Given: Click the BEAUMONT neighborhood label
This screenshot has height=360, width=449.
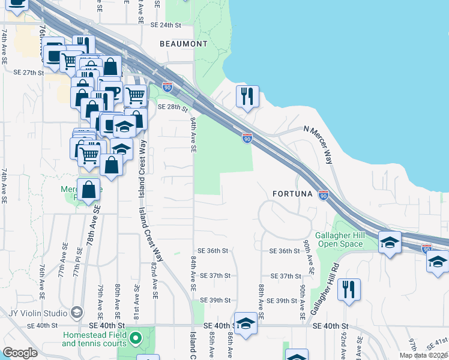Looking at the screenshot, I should (184, 44).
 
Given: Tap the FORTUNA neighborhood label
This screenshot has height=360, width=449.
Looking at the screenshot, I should (292, 194).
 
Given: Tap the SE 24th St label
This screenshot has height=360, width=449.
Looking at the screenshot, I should (166, 25).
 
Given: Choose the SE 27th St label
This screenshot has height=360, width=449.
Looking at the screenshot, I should (29, 73).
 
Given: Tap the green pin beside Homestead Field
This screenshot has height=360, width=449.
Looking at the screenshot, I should (136, 338).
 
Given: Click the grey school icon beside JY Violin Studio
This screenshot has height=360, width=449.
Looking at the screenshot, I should (76, 313).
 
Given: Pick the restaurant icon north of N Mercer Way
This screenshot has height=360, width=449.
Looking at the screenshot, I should (247, 96).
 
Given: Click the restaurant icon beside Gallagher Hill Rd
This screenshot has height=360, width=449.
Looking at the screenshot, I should (348, 290).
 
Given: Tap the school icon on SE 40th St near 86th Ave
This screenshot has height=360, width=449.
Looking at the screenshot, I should (245, 324).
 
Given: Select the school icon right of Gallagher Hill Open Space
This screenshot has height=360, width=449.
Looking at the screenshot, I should (390, 242).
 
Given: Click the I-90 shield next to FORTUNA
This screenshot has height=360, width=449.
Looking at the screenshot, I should (324, 196).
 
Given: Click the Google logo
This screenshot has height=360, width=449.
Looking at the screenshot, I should (20, 353).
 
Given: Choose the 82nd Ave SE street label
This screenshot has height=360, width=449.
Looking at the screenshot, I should (154, 281).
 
